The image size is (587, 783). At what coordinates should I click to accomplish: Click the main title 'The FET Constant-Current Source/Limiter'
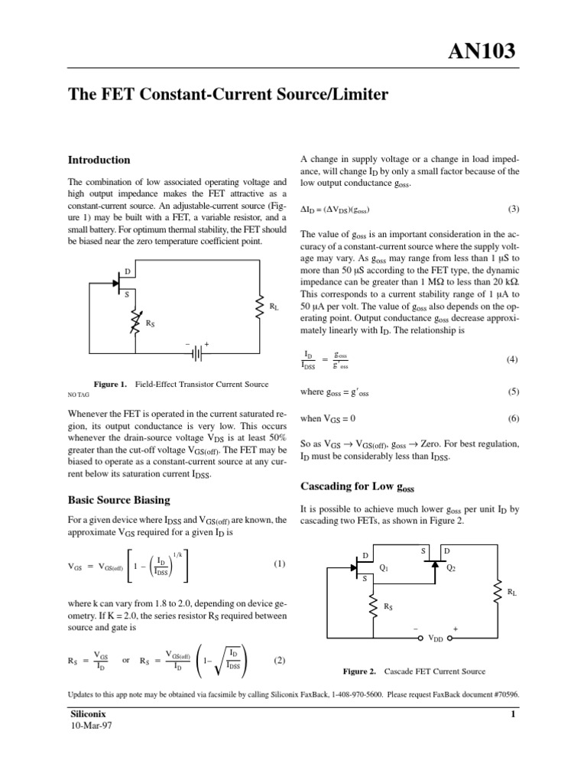coord(229,95)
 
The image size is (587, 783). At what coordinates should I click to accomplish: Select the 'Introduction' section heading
coord(99,161)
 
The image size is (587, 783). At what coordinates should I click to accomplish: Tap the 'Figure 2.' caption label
coord(358,671)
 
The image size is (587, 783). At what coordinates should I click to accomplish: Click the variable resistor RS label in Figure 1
coord(150,323)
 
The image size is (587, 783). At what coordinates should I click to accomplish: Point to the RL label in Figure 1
coord(274,307)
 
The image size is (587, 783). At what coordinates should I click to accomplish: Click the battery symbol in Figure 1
coord(197,353)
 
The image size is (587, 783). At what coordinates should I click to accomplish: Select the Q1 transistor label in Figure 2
coord(384,568)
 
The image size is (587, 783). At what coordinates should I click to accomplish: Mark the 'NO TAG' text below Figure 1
coord(79,396)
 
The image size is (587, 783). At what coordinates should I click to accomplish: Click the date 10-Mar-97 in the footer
coord(91,726)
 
